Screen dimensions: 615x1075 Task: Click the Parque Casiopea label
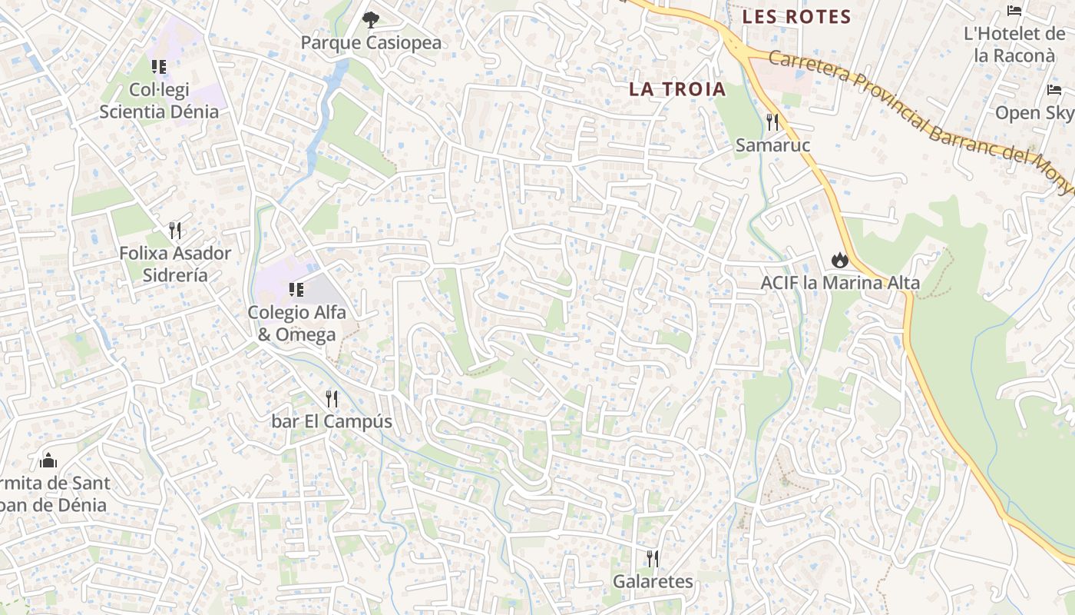pyautogui.click(x=371, y=42)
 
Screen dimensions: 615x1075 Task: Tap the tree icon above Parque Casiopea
pyautogui.click(x=370, y=19)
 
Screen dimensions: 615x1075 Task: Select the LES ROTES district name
pyautogui.click(x=796, y=17)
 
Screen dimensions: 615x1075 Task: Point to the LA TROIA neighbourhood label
pyautogui.click(x=677, y=88)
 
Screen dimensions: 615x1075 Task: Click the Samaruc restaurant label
pyautogui.click(x=772, y=145)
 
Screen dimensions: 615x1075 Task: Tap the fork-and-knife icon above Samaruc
pyautogui.click(x=772, y=121)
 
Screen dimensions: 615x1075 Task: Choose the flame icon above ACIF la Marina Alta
pyautogui.click(x=838, y=260)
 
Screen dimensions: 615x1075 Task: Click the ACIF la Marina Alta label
pyautogui.click(x=839, y=283)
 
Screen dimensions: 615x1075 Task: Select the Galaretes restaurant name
pyautogui.click(x=653, y=581)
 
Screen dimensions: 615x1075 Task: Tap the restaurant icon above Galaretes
pyautogui.click(x=653, y=558)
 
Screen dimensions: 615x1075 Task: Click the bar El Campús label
pyautogui.click(x=332, y=421)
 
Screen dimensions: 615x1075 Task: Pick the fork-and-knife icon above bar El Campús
pyautogui.click(x=332, y=398)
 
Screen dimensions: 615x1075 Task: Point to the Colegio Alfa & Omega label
pyautogui.click(x=296, y=324)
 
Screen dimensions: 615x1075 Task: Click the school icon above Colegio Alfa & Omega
pyautogui.click(x=296, y=290)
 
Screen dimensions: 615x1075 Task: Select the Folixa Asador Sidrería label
pyautogui.click(x=175, y=264)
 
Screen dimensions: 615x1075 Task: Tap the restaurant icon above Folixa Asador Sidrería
pyautogui.click(x=175, y=230)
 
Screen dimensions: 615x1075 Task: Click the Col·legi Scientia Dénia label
pyautogui.click(x=159, y=101)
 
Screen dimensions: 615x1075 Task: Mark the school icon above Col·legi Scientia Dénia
pyautogui.click(x=159, y=67)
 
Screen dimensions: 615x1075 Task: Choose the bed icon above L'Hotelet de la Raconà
pyautogui.click(x=1014, y=11)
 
